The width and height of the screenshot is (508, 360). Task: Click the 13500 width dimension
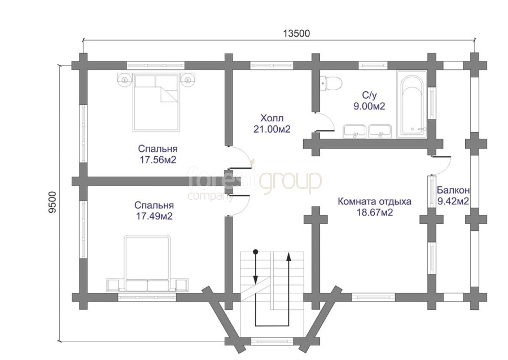pos(296,33)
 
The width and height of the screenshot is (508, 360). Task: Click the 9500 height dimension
pos(52,203)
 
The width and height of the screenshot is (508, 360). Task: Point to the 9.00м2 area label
pos(369,106)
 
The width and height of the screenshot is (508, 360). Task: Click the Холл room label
pos(272,117)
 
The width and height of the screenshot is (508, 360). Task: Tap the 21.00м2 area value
pos(272,129)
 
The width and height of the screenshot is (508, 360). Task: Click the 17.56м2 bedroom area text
pos(158,160)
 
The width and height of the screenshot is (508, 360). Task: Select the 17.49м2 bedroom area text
pos(154,216)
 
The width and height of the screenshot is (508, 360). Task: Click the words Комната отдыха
pos(375,201)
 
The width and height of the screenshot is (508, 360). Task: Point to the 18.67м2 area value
pos(375,212)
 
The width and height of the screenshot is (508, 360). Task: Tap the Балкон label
pos(453,190)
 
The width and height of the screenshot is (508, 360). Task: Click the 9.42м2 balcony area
pos(453,201)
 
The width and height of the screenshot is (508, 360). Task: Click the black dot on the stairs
pos(255,251)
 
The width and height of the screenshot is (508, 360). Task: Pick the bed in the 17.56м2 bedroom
pos(156,102)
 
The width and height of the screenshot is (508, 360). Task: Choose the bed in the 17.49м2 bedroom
pos(147,264)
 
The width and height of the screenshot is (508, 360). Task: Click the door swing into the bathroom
pos(325,122)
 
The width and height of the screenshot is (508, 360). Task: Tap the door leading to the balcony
pos(441,165)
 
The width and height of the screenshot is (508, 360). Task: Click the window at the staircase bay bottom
pos(272,341)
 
